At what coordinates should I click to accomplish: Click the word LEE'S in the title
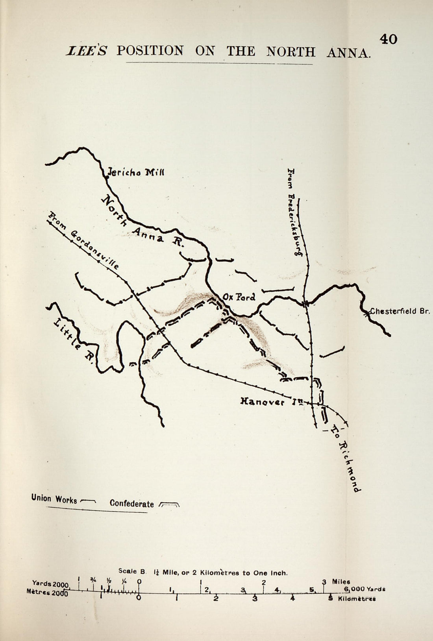(x=86, y=51)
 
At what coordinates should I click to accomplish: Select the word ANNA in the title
(x=348, y=53)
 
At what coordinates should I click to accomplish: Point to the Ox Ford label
(x=239, y=297)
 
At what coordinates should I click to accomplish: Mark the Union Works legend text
(x=54, y=499)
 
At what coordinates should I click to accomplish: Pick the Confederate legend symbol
(x=168, y=504)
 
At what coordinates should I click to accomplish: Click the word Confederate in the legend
(x=131, y=503)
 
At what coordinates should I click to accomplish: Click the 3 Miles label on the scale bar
(x=337, y=582)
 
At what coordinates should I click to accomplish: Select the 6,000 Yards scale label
(x=364, y=589)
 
